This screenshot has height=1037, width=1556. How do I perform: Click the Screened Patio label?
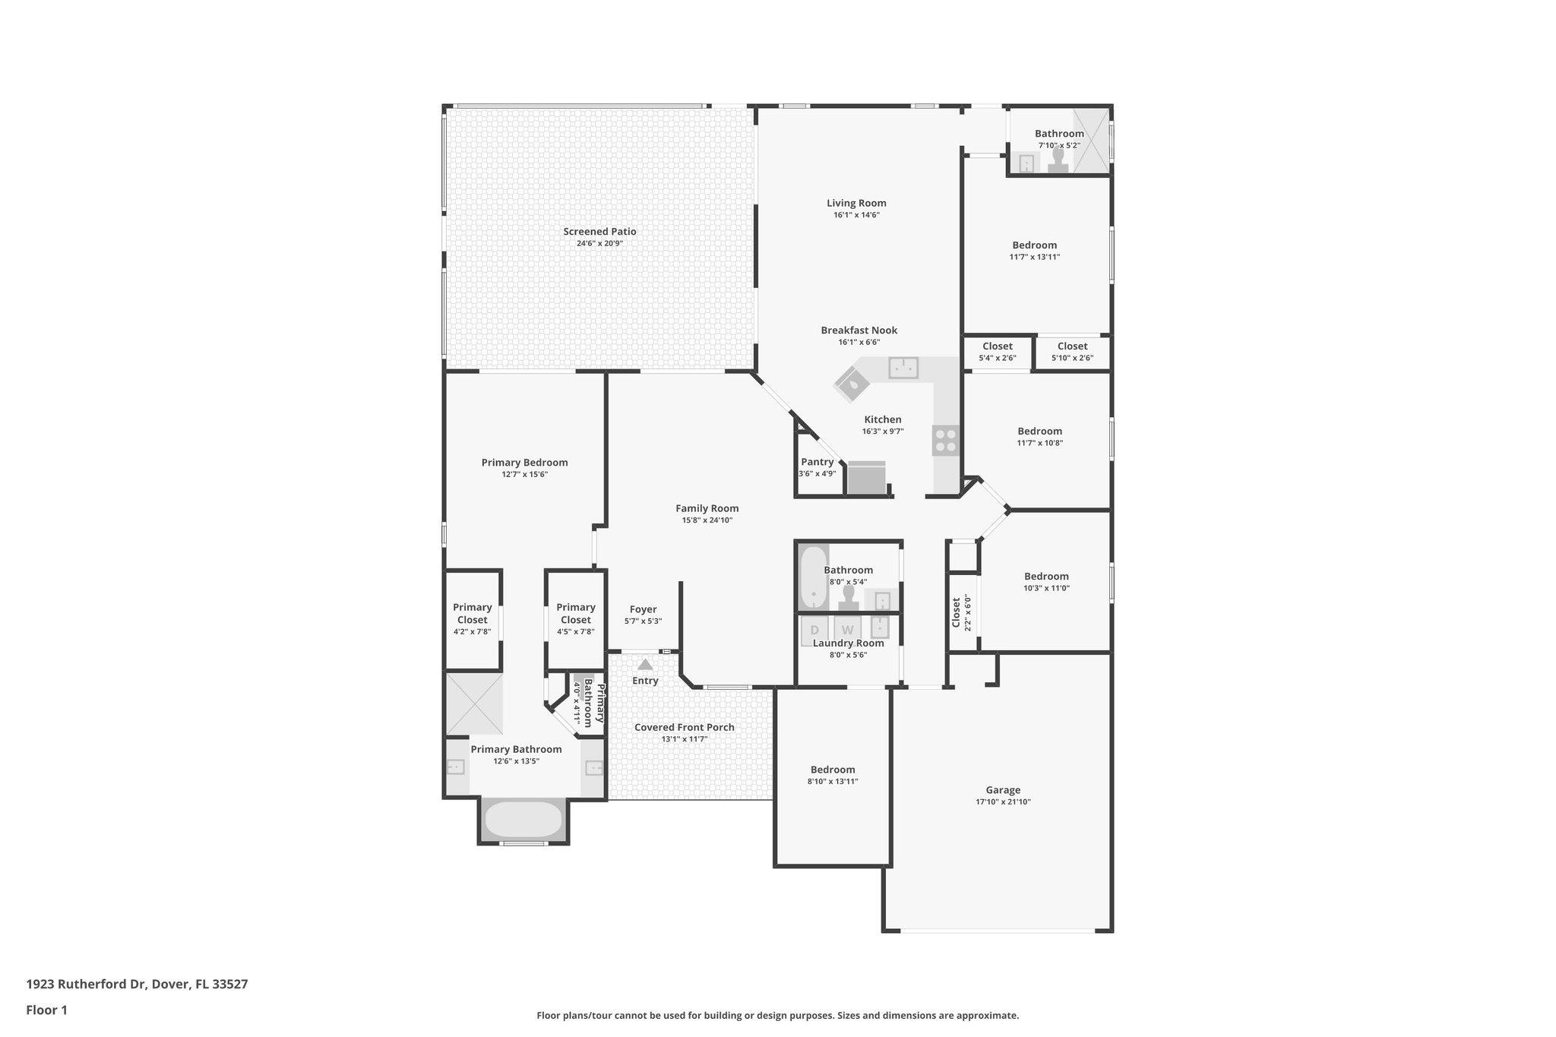pos(599,232)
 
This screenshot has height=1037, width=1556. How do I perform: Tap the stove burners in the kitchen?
pos(946,440)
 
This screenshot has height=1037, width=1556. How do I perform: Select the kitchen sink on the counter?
pos(903,368)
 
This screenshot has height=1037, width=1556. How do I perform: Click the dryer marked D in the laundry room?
pos(814,630)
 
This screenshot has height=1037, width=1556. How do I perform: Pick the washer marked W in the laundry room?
pos(847,630)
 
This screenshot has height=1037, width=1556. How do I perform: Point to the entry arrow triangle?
pos(645,665)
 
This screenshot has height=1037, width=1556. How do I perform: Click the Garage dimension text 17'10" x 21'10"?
pos(1003,802)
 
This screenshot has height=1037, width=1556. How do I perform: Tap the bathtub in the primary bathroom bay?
pos(523,820)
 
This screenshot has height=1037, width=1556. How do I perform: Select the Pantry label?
pos(817,462)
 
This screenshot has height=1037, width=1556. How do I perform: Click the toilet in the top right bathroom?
pos(1058,160)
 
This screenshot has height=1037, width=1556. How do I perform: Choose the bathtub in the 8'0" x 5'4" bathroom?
pos(813,577)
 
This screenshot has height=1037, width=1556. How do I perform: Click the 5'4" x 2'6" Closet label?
pos(997,346)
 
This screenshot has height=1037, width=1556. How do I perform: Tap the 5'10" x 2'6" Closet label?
pos(1072,346)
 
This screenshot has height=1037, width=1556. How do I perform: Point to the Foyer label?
pos(643,609)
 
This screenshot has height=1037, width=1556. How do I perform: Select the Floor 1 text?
pos(46,1010)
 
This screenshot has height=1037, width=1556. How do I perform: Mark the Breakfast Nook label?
pos(859,330)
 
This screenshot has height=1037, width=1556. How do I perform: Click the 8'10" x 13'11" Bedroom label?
pos(832,770)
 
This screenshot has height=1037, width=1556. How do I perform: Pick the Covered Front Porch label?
pos(684,727)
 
